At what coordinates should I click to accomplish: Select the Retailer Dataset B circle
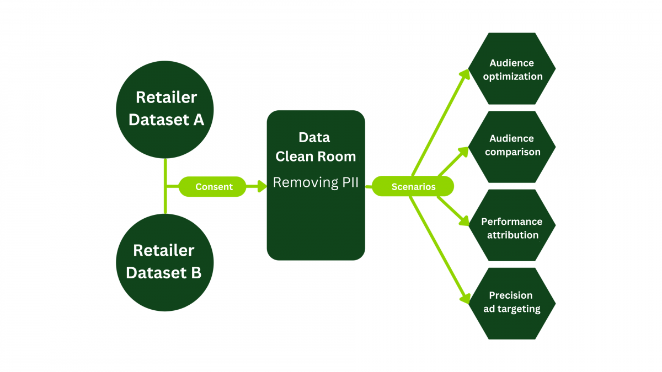[165, 262]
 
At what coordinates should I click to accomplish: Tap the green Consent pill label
[213, 187]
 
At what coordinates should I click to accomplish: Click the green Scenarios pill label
[413, 187]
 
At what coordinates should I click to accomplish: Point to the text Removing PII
[316, 182]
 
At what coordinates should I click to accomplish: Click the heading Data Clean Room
[316, 147]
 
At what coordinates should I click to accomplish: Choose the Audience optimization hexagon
[512, 69]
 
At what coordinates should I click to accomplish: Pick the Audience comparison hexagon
[512, 147]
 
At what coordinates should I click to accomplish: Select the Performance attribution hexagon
[512, 225]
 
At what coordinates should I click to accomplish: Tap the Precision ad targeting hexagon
[512, 304]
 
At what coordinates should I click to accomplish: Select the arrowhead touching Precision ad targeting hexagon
[464, 298]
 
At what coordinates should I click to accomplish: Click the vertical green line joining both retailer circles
[165, 187]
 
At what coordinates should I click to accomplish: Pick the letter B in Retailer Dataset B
[195, 273]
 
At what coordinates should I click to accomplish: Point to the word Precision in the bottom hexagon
[511, 295]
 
